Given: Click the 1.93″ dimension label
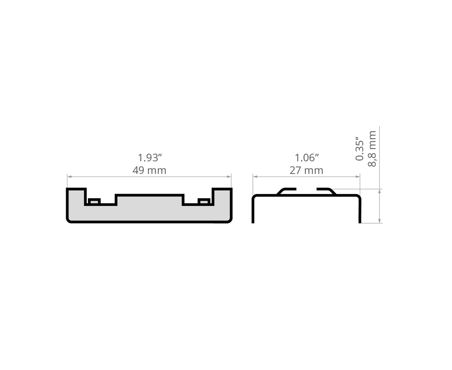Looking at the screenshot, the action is coord(149,158).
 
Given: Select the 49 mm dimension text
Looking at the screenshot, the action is coord(149,171).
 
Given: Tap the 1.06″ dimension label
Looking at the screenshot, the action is coord(307,158).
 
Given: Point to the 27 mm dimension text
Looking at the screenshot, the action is coord(306,171).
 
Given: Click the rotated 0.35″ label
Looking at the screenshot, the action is coord(360,148).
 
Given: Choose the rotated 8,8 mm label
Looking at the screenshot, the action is coord(372,149).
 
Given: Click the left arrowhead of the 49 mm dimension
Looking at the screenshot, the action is coord(69,177).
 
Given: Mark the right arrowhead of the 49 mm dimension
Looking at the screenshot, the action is coord(229,177).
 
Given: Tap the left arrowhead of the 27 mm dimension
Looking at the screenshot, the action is coord(255,177).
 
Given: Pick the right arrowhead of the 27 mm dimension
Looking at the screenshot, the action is coord(358,177).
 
